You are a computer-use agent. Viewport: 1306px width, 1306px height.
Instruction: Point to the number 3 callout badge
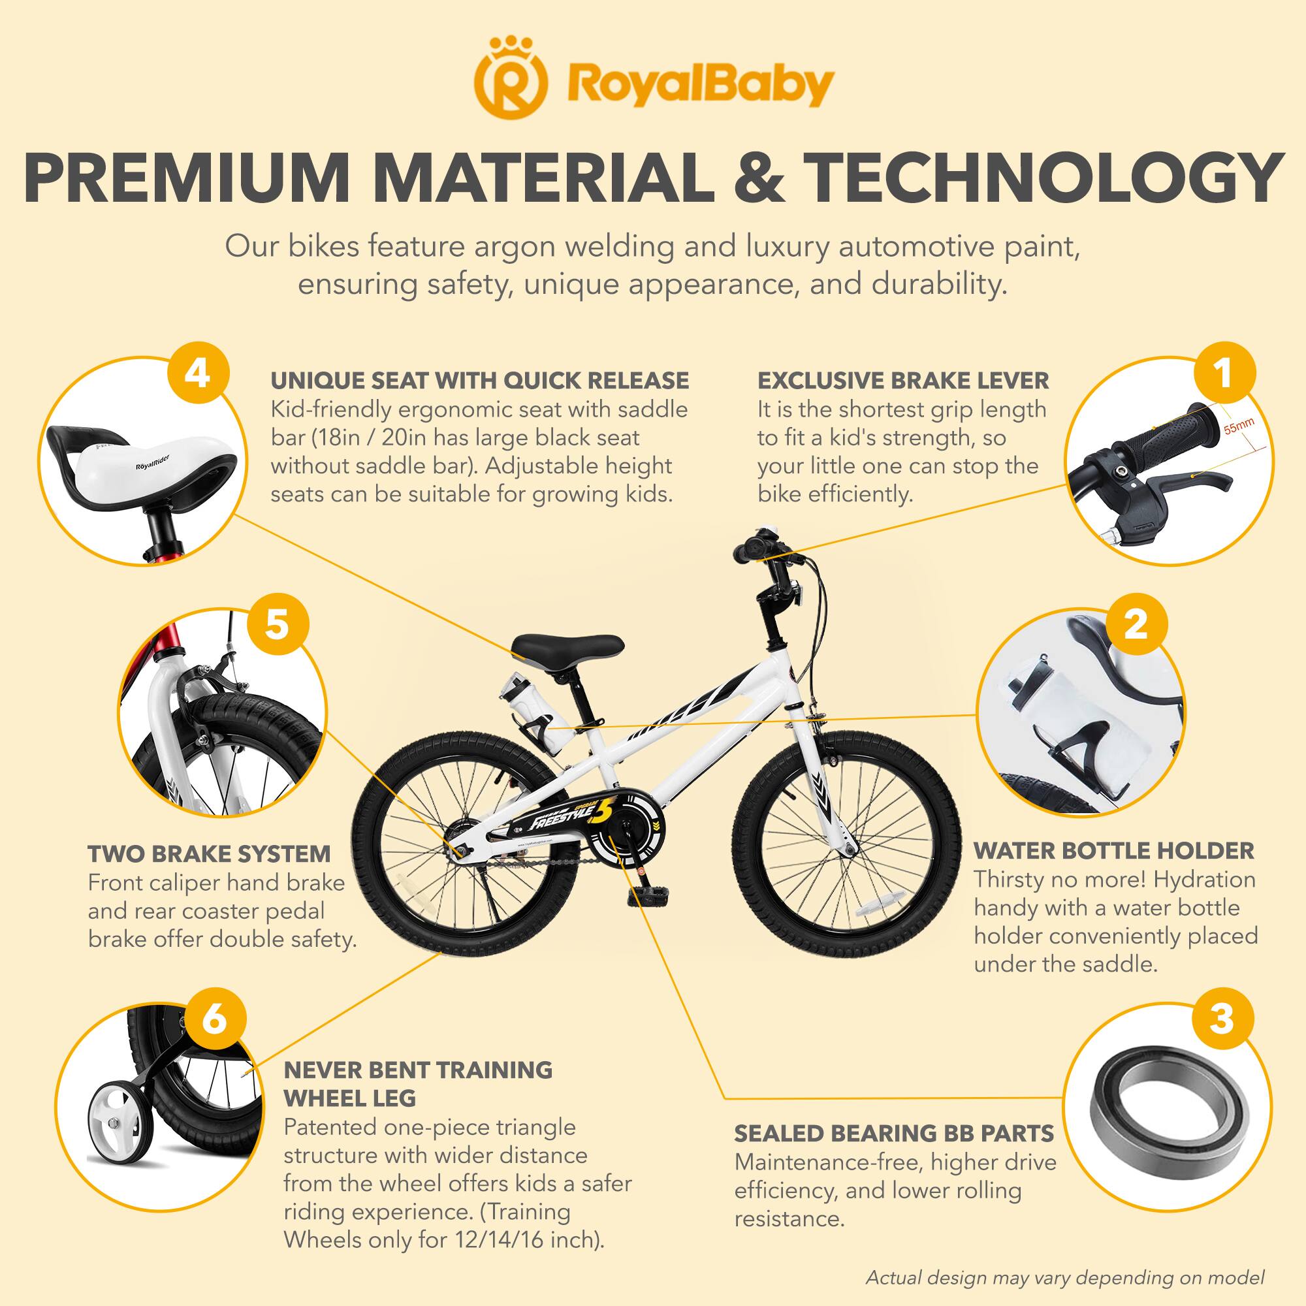tap(1221, 1019)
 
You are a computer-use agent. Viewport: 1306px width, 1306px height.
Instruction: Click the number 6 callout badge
tap(214, 1019)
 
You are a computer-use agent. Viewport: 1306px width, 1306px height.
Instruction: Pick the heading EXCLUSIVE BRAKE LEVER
tap(903, 381)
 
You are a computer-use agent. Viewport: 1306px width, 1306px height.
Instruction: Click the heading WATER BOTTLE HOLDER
tap(1113, 850)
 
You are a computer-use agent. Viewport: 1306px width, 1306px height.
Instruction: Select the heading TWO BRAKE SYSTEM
tap(210, 853)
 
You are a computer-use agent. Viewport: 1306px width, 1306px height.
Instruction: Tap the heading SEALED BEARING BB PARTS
tap(895, 1133)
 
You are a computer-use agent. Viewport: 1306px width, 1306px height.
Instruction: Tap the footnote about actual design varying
tap(1064, 1278)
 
